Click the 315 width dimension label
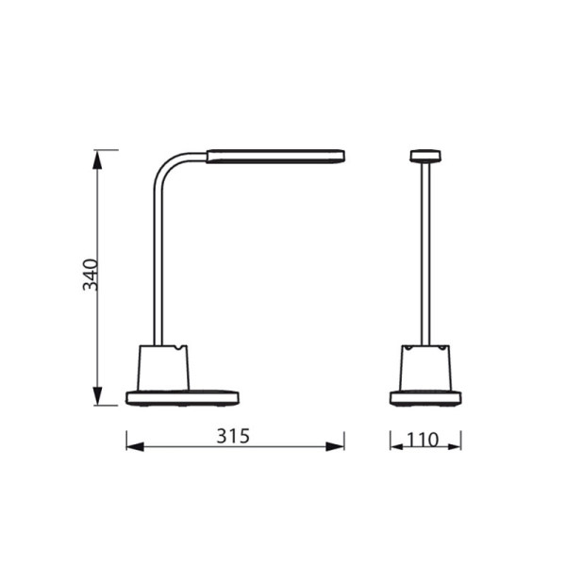pos(232,437)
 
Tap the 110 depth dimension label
pos(426,441)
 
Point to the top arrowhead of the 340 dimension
pos(97,158)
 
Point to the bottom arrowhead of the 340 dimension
pos(97,396)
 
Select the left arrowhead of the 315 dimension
pos(134,445)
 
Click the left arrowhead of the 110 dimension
pos(398,445)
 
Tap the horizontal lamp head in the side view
pos(274,155)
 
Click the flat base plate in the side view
pos(182,397)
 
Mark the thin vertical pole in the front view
pos(426,255)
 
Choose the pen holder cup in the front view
pos(426,368)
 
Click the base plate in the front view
pos(426,397)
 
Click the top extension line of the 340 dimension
pos(106,149)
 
